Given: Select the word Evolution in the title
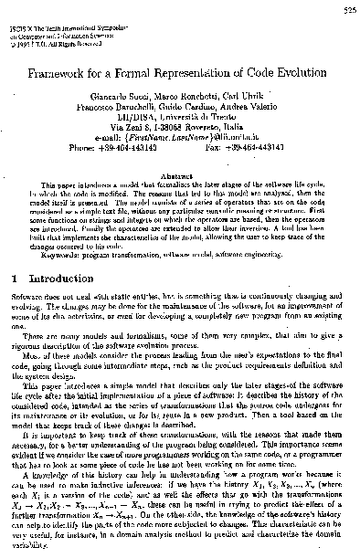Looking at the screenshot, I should [280, 66].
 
